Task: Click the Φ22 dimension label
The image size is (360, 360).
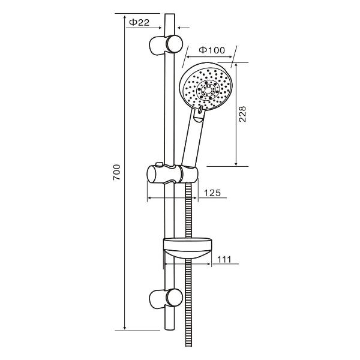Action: click(139, 22)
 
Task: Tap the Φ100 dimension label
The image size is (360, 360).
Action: click(212, 50)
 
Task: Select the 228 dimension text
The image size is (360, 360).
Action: click(242, 114)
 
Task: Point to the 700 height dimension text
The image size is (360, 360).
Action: click(116, 172)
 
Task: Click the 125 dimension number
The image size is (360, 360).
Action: click(212, 193)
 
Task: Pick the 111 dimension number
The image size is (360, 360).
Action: click(224, 259)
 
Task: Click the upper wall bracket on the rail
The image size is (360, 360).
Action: click(166, 44)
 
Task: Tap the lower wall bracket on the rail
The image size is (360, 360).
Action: click(166, 298)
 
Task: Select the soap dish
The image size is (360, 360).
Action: click(187, 248)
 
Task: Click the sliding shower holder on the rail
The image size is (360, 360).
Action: click(172, 174)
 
